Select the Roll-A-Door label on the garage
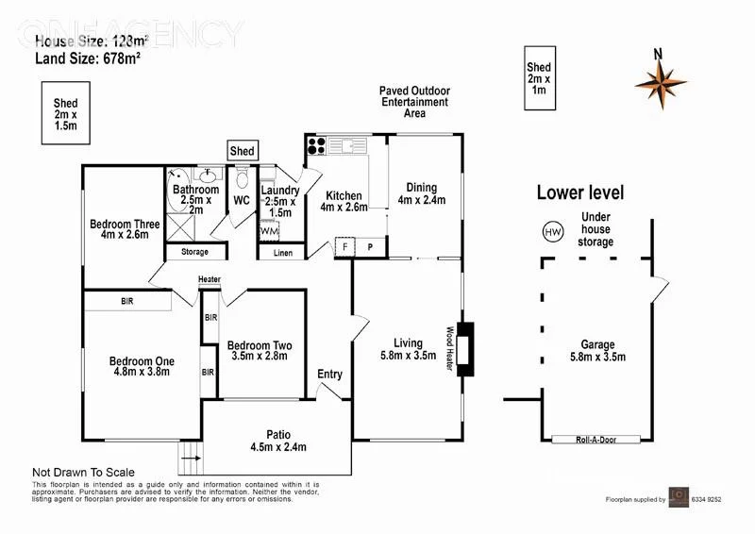pyautogui.click(x=610, y=440)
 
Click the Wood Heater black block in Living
pyautogui.click(x=466, y=349)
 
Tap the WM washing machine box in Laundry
pyautogui.click(x=269, y=230)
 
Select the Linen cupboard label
pyautogui.click(x=281, y=253)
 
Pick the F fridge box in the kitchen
pyautogui.click(x=346, y=247)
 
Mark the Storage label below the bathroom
pyautogui.click(x=195, y=252)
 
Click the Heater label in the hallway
pyautogui.click(x=210, y=279)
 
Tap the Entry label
pyautogui.click(x=330, y=375)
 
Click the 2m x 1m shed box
pyautogui.click(x=539, y=80)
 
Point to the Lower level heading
pyautogui.click(x=580, y=192)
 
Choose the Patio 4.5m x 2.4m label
pyautogui.click(x=277, y=441)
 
